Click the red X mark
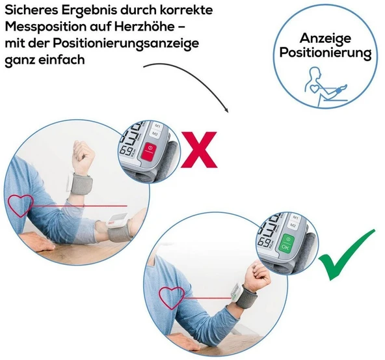tap(199, 150)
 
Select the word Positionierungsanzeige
tap(126, 44)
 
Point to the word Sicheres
tap(31, 10)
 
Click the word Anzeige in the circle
tap(325, 38)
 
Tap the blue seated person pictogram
tap(325, 87)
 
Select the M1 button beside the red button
tap(157, 126)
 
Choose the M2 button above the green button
tap(293, 225)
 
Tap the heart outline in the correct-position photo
tap(172, 298)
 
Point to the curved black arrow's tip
tap(228, 112)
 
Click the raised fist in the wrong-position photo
tap(83, 157)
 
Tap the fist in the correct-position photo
tap(258, 275)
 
